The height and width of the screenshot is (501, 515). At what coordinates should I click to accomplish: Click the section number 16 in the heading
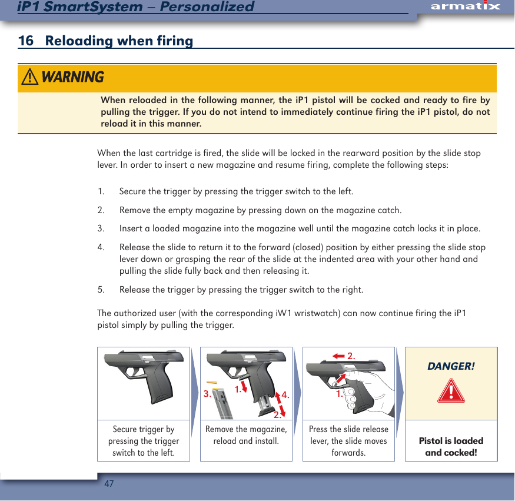point(25,41)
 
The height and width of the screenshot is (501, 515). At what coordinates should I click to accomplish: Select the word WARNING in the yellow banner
point(73,77)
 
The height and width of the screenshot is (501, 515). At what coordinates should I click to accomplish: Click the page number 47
point(109,484)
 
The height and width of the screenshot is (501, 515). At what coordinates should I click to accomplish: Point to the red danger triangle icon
point(451,390)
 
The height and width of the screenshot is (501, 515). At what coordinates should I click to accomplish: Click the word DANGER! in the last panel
point(451,366)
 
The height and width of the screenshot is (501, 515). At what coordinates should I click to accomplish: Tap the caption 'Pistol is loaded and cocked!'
point(451,446)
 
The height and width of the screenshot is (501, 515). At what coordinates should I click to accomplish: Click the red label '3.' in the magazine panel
point(207,394)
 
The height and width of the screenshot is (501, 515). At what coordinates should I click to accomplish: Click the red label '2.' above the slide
point(352,356)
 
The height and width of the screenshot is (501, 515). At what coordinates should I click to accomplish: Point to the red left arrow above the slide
point(338,356)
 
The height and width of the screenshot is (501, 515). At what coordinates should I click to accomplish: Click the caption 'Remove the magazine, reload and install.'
point(246,435)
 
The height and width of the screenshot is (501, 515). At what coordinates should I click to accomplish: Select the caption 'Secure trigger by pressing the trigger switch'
point(144,441)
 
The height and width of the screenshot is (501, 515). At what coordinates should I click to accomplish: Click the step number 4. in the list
point(101,248)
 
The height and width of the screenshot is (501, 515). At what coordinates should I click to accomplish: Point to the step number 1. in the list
point(101,192)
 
